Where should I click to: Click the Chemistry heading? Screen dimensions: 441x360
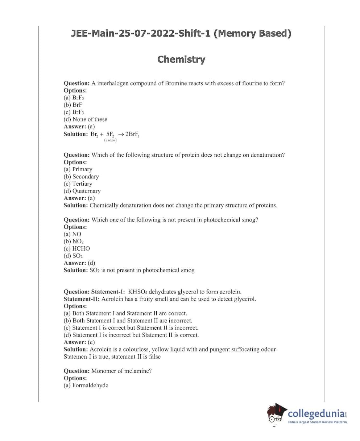(x=181, y=59)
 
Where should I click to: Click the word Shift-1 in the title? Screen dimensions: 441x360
(x=195, y=34)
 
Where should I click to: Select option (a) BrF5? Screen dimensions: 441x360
(x=74, y=98)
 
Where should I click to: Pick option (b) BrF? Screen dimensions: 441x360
(x=73, y=105)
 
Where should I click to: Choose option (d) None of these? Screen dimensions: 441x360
(x=85, y=119)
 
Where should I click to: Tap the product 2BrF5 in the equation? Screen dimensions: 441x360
(x=132, y=134)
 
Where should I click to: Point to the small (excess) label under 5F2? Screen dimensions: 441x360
(x=110, y=140)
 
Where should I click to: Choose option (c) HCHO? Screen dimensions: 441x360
(x=77, y=248)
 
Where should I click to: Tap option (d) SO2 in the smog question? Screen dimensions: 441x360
(x=73, y=256)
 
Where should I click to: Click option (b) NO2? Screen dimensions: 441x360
(x=74, y=241)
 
